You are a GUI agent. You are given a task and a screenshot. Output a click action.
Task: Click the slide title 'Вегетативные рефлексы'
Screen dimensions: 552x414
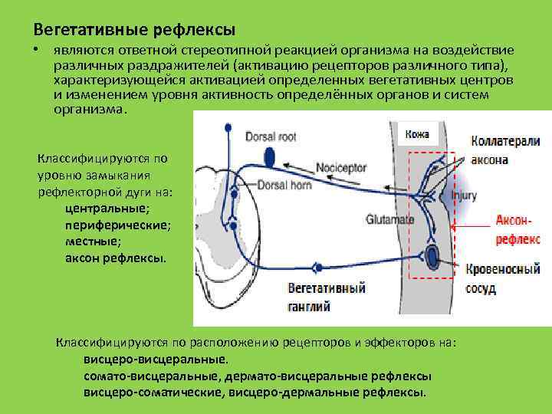pyautogui.click(x=134, y=29)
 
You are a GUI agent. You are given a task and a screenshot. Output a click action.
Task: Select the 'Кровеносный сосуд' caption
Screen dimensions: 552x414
pyautogui.click(x=502, y=279)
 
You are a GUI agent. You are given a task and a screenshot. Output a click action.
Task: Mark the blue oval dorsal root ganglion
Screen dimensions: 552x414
pyautogui.click(x=269, y=157)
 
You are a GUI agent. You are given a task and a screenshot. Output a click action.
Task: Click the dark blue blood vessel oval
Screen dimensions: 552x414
pyautogui.click(x=432, y=257)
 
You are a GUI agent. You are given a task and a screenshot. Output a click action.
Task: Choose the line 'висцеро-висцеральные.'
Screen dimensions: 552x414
pyautogui.click(x=155, y=358)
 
